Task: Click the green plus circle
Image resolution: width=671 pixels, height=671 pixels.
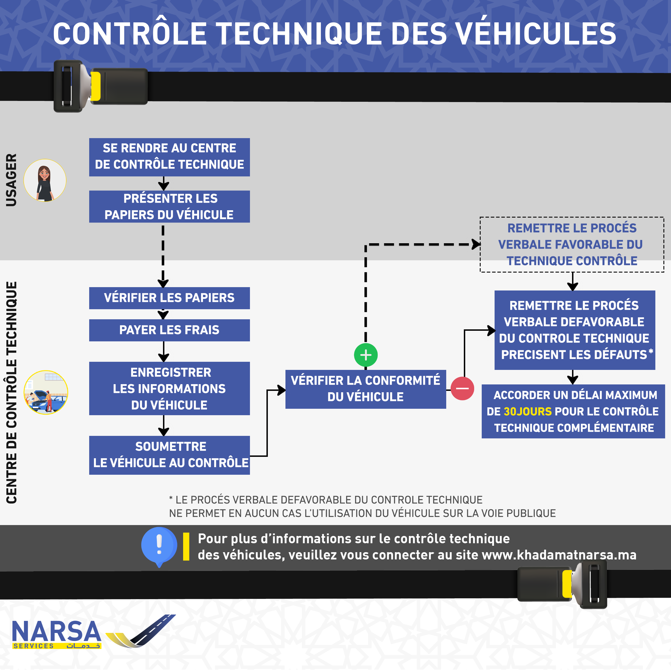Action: pos(366,355)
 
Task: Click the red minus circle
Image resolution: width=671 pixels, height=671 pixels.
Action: pos(462,388)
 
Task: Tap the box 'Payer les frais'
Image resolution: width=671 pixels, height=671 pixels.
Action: pos(169,330)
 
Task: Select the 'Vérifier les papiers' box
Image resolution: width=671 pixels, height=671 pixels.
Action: pos(169,298)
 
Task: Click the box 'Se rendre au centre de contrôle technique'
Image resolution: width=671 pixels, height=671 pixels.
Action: pos(169,157)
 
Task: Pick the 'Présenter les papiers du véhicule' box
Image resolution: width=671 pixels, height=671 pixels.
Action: pos(169,207)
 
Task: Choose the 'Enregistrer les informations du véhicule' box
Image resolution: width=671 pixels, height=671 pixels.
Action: pos(169,389)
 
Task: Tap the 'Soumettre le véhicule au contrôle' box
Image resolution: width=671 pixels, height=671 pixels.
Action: pos(169,455)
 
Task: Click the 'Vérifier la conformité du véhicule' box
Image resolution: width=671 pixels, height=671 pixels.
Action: pos(366,389)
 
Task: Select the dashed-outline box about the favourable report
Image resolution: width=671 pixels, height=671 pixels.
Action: pos(572,245)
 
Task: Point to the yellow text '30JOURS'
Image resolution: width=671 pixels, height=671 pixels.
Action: pos(528,412)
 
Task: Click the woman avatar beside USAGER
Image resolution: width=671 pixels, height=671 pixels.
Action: pos(45,180)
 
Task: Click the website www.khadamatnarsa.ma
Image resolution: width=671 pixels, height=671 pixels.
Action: pos(559,555)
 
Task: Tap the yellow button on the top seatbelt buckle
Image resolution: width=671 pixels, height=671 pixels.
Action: pos(96,86)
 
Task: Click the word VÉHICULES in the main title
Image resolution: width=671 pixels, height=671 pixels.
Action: pos(536,34)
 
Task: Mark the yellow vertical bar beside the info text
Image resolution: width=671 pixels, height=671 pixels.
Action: pos(186,547)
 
